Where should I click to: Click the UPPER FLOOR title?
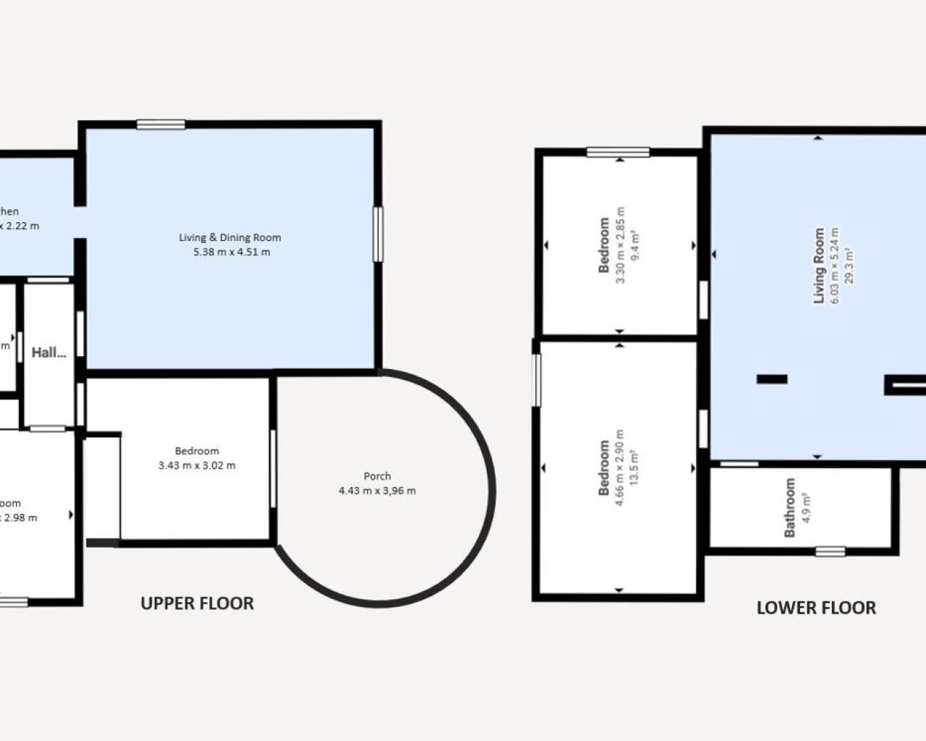click(x=197, y=604)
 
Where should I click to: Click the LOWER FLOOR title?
click(x=816, y=608)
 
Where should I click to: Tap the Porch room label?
click(x=377, y=476)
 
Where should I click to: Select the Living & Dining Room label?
click(x=230, y=237)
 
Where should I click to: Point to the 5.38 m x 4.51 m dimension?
click(x=231, y=253)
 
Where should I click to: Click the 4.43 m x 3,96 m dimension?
click(x=377, y=491)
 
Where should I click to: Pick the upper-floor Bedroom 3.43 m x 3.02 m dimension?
click(x=197, y=465)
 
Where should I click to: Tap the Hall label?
click(x=48, y=353)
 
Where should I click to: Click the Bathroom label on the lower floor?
click(x=789, y=507)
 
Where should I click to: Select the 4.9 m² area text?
click(x=805, y=507)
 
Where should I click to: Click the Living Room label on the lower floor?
click(x=819, y=266)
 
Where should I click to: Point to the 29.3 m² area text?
click(x=849, y=266)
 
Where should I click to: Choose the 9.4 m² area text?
click(x=634, y=245)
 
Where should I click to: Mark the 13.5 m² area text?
click(x=634, y=468)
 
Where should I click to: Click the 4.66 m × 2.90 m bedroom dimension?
click(x=619, y=468)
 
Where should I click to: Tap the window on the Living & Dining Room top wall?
click(x=161, y=124)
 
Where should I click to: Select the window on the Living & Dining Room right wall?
click(x=378, y=234)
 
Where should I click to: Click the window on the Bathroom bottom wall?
click(x=830, y=551)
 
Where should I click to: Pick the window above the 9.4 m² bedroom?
click(x=618, y=152)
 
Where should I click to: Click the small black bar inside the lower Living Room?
click(x=772, y=379)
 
